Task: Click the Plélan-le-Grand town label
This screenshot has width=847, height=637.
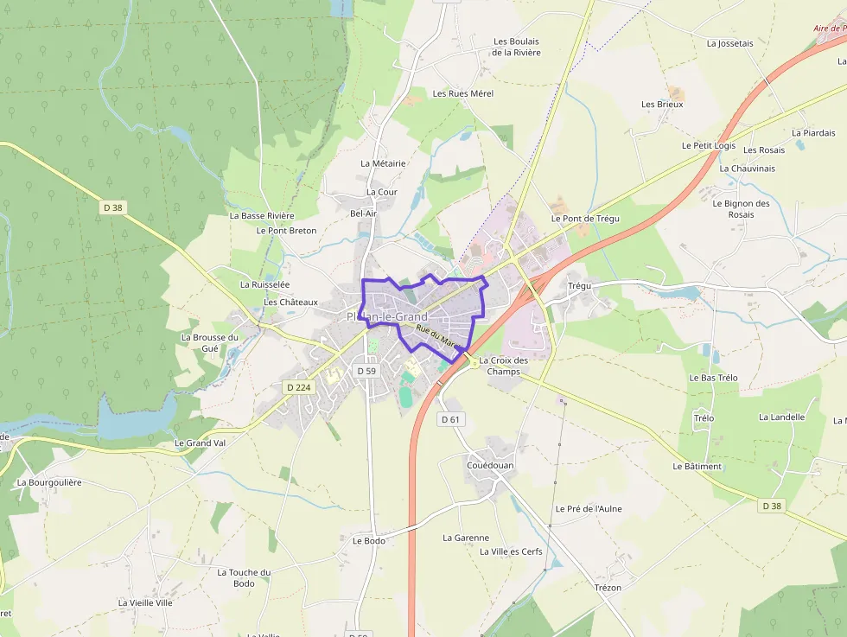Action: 387,317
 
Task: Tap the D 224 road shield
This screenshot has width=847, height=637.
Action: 297,387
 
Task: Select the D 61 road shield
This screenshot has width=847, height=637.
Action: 450,419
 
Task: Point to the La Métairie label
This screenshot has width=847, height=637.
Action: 383,163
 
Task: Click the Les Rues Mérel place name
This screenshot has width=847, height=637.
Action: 462,93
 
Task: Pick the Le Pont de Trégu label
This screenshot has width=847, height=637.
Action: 585,219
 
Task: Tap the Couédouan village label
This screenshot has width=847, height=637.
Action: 490,466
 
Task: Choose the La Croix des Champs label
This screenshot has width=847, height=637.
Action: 503,366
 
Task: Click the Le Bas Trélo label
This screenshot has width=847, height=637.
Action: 713,379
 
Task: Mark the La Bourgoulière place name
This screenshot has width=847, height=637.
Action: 49,482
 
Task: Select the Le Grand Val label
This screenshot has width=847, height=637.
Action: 200,443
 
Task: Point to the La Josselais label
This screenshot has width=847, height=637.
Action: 729,43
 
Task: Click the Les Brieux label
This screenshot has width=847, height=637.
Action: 662,105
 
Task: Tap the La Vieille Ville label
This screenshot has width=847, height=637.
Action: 145,602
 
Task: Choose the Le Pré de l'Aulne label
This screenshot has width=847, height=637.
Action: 589,509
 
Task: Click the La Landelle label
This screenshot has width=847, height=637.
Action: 781,417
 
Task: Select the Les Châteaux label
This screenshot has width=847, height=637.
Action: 290,303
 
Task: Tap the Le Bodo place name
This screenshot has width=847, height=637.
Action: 368,541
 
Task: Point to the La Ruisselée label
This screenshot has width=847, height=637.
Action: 264,284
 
